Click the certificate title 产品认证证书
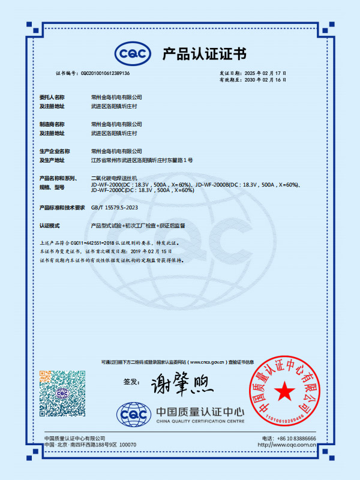[x=204, y=54]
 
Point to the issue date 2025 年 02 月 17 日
[x=275, y=73]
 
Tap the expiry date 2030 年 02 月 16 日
[x=275, y=79]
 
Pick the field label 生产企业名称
[x=55, y=151]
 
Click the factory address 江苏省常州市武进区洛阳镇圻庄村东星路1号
[x=142, y=160]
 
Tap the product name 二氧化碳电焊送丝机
[x=114, y=179]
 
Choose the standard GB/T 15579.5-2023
[x=118, y=207]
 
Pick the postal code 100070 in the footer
[x=128, y=445]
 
